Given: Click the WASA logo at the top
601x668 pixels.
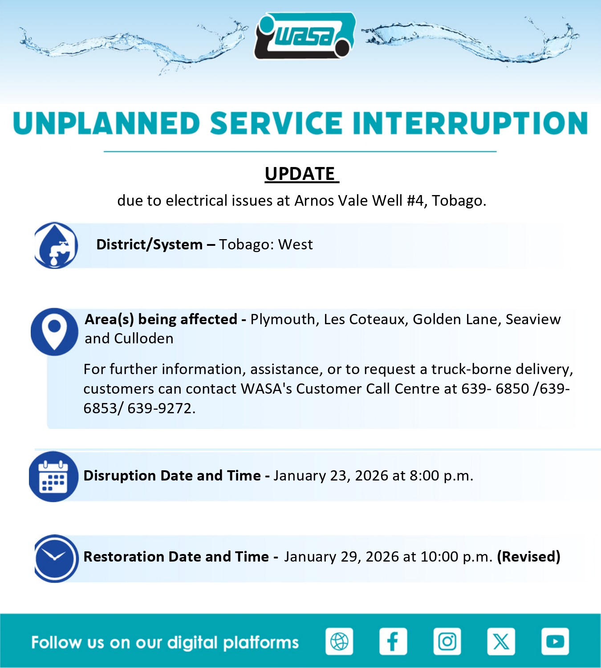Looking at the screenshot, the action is [x=305, y=36].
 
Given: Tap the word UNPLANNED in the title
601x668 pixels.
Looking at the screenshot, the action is [x=106, y=123].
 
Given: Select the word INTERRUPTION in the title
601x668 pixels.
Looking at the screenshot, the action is [x=470, y=123].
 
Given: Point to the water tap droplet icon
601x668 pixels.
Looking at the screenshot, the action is [x=56, y=245].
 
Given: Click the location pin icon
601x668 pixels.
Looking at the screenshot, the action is [x=54, y=332].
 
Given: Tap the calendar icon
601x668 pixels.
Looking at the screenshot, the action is [x=53, y=477].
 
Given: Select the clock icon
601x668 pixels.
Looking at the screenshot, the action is [x=57, y=558].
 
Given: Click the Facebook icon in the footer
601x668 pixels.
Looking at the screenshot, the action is [x=393, y=641].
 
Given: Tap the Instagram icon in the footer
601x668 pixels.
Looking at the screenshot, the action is [x=447, y=641].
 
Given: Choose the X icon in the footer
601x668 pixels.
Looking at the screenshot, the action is [x=501, y=641].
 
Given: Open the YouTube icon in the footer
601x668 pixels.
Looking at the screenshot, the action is [x=555, y=641].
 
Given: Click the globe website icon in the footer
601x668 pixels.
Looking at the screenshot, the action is [x=339, y=641].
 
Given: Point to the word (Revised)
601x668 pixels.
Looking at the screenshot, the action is [x=529, y=557].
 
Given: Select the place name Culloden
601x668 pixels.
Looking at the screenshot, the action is [x=143, y=338].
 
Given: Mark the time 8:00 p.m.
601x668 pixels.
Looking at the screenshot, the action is [x=441, y=476].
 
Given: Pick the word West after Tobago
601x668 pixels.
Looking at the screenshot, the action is [x=295, y=245].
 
